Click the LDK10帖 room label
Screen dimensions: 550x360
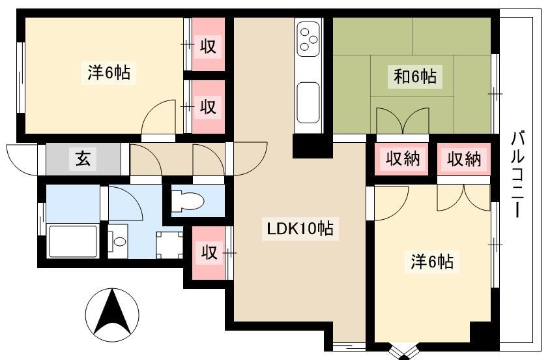[x=300, y=229]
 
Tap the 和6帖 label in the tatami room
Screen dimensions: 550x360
[x=415, y=76]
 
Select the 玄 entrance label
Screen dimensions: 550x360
[x=83, y=159]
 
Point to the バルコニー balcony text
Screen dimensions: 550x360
[x=517, y=174]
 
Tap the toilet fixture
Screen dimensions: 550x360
[x=187, y=201]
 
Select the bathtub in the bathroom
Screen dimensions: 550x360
[x=73, y=241]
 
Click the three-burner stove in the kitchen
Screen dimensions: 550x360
[x=309, y=38]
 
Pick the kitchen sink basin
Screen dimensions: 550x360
[x=309, y=103]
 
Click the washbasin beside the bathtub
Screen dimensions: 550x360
[x=118, y=241]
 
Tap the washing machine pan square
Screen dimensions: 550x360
[x=169, y=245]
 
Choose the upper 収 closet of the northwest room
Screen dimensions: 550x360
[x=209, y=44]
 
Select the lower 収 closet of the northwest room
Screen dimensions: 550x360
[x=209, y=107]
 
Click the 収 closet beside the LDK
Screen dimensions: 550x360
[x=209, y=252]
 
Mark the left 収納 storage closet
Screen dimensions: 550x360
[x=402, y=159]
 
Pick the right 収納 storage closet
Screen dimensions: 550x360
[x=464, y=159]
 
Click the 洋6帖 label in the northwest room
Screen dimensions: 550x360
[x=109, y=72]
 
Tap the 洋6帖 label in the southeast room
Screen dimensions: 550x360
[x=432, y=262]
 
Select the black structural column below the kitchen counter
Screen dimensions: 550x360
[x=313, y=146]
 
